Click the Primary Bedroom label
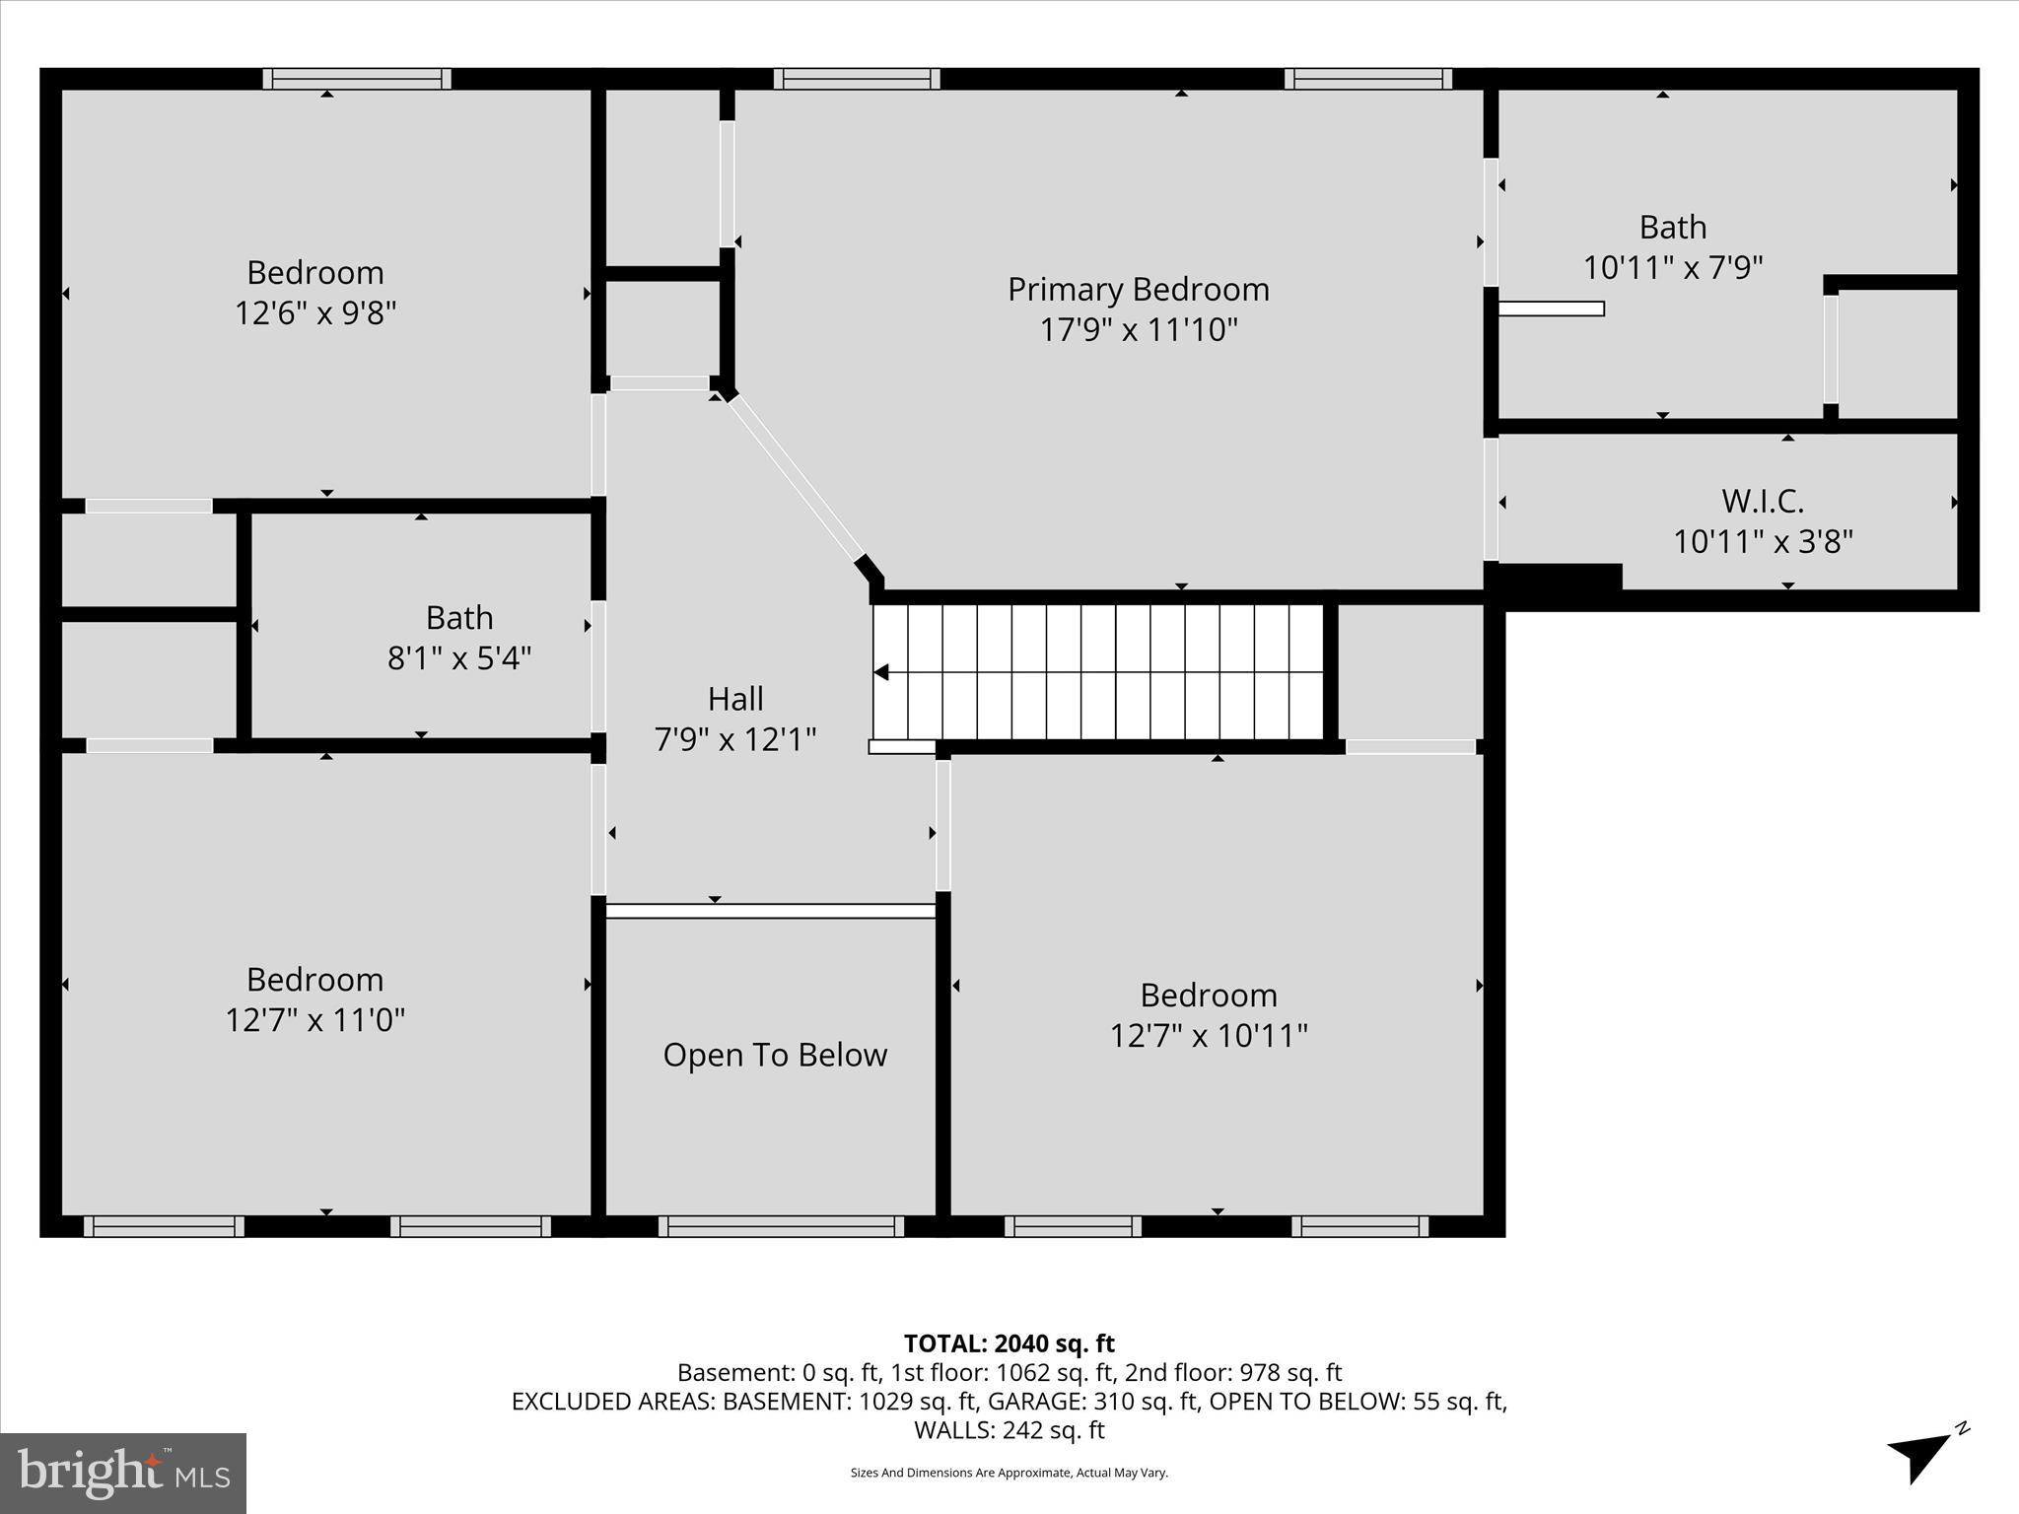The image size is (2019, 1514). (x=1138, y=290)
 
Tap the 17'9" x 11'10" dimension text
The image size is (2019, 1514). (x=1138, y=329)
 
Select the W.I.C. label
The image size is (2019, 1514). (x=1763, y=501)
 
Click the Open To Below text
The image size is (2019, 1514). (x=775, y=1056)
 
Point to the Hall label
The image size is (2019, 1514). (x=735, y=699)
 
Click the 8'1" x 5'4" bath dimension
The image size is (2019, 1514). (x=459, y=657)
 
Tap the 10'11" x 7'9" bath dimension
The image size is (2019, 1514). (x=1673, y=267)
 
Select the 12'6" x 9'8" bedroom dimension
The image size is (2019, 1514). (x=315, y=313)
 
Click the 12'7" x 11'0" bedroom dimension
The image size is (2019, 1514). (x=315, y=1019)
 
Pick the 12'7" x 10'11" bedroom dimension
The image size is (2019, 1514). (x=1209, y=1036)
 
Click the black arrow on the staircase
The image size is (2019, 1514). (x=882, y=672)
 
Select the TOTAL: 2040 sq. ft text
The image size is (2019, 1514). (x=1009, y=1343)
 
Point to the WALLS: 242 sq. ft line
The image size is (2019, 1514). (x=1009, y=1430)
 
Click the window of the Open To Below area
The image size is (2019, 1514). (x=781, y=1226)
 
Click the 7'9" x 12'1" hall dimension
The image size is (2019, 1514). (x=735, y=739)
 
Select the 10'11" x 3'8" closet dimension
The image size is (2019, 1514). (x=1763, y=541)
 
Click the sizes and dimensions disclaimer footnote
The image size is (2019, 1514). (x=1009, y=1473)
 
